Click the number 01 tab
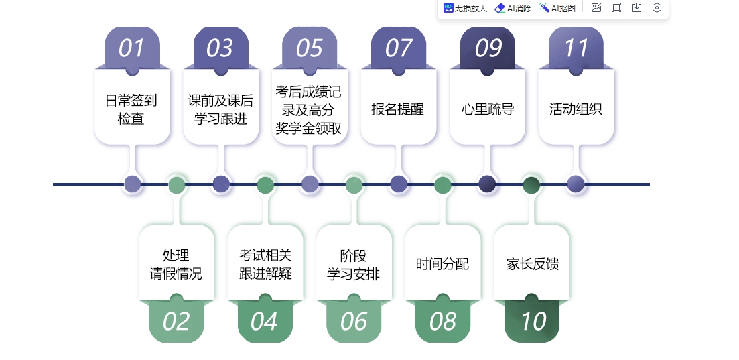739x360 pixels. point(132,48)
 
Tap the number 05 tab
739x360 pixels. point(310,48)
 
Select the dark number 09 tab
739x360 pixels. point(487,48)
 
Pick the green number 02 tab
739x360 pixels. point(176,321)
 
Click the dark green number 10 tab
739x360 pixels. point(531,321)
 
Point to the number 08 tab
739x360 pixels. point(443,321)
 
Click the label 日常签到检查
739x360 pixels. point(131,109)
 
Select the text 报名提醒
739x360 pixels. point(398,109)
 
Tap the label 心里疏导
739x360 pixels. point(487,109)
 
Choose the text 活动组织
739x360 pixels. point(576,109)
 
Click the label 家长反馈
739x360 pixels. point(533,264)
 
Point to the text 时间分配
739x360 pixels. point(443,263)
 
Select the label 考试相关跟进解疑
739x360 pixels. point(265,265)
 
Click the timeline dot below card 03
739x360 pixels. point(221,184)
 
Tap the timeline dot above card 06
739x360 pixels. point(354,184)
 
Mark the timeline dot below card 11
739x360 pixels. point(576,184)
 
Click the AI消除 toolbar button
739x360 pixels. point(513,8)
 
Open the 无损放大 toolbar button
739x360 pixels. point(465,8)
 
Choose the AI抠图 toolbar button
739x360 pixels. point(557,8)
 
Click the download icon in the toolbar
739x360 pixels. point(636,7)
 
